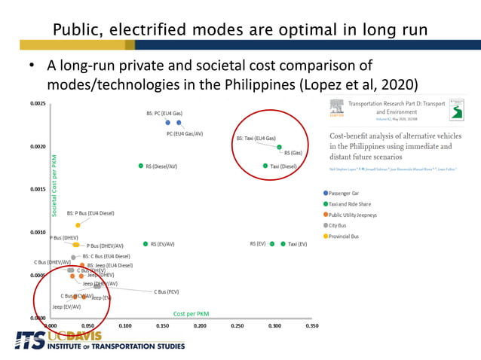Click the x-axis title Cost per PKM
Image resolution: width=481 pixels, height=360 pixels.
pos(191,313)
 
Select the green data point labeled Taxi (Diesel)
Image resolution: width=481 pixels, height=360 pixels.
pos(265,166)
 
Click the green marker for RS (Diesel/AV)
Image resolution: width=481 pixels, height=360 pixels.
pos(140,166)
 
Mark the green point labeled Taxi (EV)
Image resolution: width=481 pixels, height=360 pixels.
pos(283,244)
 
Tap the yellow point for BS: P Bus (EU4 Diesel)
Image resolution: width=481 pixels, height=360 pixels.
pos(78,225)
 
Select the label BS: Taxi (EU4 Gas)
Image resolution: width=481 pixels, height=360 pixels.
pos(256,139)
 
